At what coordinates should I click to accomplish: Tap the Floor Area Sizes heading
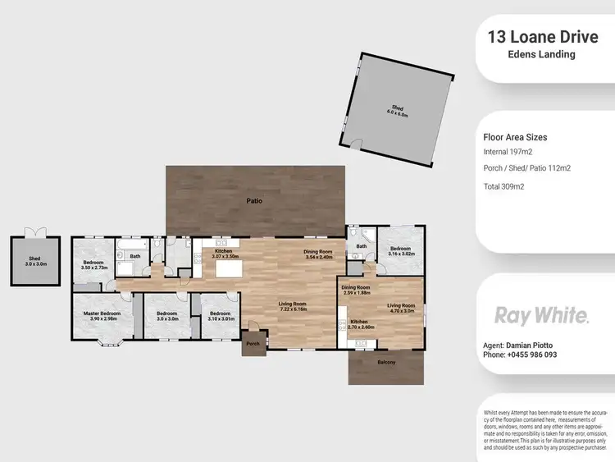(515, 138)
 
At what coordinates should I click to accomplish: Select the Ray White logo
(540, 315)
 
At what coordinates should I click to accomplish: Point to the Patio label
(255, 199)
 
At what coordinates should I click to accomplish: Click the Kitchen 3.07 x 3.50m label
(225, 254)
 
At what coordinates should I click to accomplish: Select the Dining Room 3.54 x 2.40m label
(317, 254)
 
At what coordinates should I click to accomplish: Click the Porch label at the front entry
(253, 345)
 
